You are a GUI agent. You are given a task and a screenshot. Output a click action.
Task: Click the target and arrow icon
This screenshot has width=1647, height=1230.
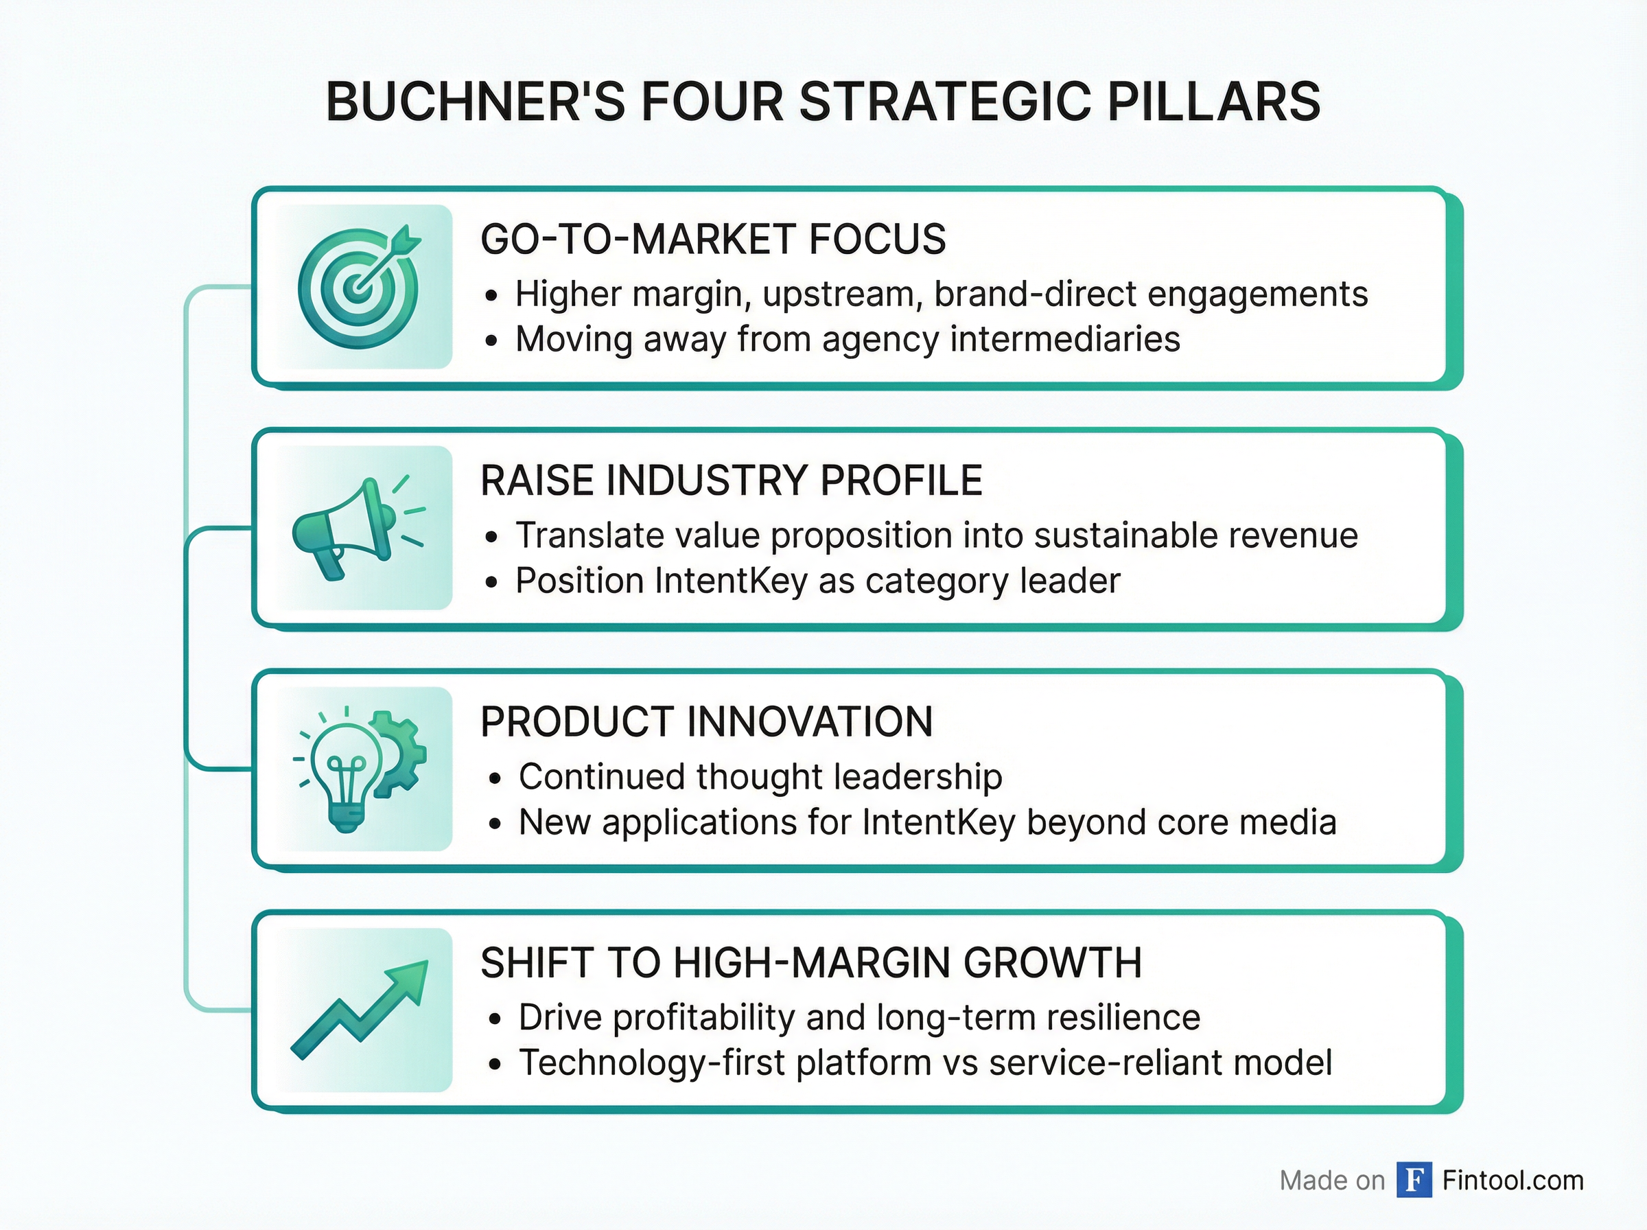click(359, 287)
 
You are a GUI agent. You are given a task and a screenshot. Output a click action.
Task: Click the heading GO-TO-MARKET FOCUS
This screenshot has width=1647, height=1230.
click(713, 240)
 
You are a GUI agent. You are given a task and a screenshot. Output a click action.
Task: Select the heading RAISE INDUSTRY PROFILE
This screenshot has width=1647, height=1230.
click(731, 481)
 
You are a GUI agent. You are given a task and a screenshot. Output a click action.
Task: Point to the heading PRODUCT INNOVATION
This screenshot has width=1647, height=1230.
click(706, 722)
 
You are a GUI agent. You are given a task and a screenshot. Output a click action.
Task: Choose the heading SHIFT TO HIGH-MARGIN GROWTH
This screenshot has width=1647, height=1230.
click(810, 964)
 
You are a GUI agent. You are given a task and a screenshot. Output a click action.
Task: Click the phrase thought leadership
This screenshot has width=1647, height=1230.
click(848, 776)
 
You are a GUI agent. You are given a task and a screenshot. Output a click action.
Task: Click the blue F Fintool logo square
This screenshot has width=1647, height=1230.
click(1414, 1180)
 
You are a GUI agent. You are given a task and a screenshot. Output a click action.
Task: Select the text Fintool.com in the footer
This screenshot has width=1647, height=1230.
click(1512, 1180)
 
